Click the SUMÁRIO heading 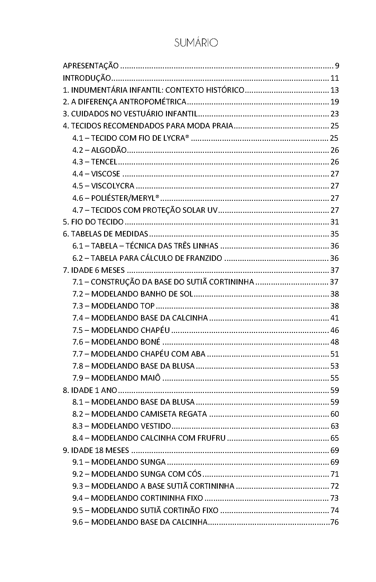tap(196, 43)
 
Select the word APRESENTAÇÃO tap(91, 66)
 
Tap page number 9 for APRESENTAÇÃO tap(337, 66)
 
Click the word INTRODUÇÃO tap(87, 78)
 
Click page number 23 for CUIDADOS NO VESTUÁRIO tap(334, 114)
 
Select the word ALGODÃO tap(109, 150)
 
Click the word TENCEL tap(104, 162)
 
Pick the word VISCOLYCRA tap(113, 186)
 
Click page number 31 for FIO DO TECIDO tap(334, 222)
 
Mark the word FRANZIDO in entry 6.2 tap(204, 258)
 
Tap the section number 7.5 tap(78, 330)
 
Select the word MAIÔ tap(150, 378)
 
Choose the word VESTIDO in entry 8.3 tap(156, 426)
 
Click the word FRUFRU tap(211, 438)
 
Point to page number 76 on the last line tap(334, 522)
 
